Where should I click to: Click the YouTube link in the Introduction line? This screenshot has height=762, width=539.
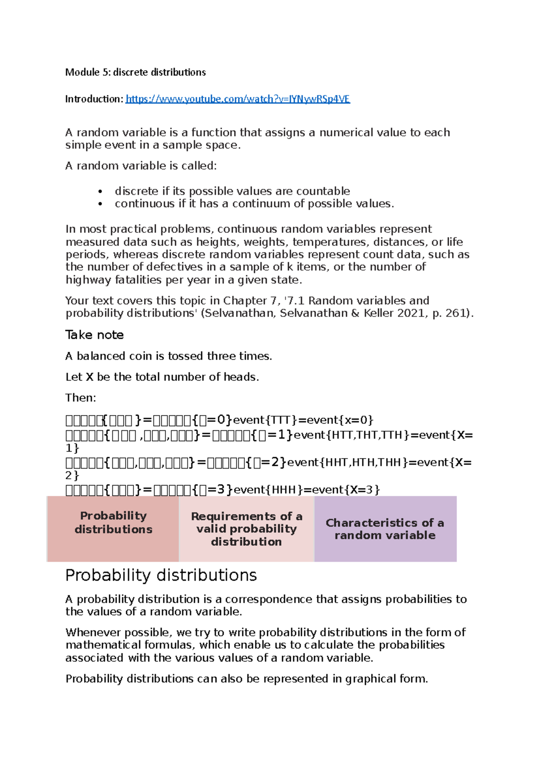tap(237, 99)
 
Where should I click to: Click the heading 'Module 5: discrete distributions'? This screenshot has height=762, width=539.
tap(135, 72)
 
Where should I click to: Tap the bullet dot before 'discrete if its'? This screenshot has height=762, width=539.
tap(100, 192)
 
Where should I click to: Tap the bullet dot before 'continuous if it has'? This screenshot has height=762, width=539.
tap(100, 204)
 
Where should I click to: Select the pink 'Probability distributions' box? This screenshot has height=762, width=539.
tap(113, 528)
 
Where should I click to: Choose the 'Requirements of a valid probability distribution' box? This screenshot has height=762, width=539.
tap(247, 529)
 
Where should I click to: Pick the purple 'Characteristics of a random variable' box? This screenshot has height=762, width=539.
tap(385, 529)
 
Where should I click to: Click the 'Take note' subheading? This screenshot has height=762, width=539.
tap(94, 335)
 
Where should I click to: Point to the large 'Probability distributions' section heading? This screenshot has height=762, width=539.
tap(161, 575)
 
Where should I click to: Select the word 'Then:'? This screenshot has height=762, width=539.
tap(80, 398)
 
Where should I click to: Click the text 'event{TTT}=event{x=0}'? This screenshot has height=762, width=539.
tap(303, 420)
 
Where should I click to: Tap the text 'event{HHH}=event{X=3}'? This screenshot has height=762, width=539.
tap(307, 490)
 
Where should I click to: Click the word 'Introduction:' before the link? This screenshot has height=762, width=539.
tap(94, 99)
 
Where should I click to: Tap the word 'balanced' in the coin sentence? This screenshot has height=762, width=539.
tap(101, 356)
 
